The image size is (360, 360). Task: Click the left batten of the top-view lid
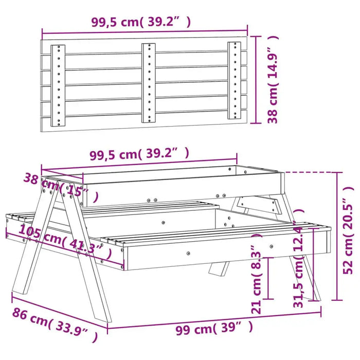(x=58, y=85)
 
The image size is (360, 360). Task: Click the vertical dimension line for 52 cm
(x=337, y=237)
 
